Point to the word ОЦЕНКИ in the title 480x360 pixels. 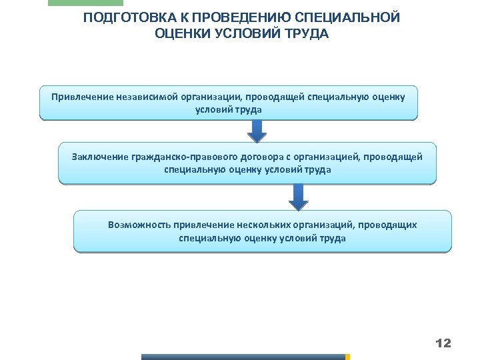pos(181,33)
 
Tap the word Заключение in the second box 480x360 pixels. pos(100,157)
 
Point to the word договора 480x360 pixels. pos(261,157)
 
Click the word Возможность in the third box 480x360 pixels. pos(139,225)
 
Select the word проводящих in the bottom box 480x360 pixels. pos(389,225)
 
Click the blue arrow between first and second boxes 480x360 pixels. pos(257,131)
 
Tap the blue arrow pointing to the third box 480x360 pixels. pos(299,197)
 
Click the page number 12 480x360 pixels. pos(443,343)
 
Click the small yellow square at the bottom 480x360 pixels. pos(347,357)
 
